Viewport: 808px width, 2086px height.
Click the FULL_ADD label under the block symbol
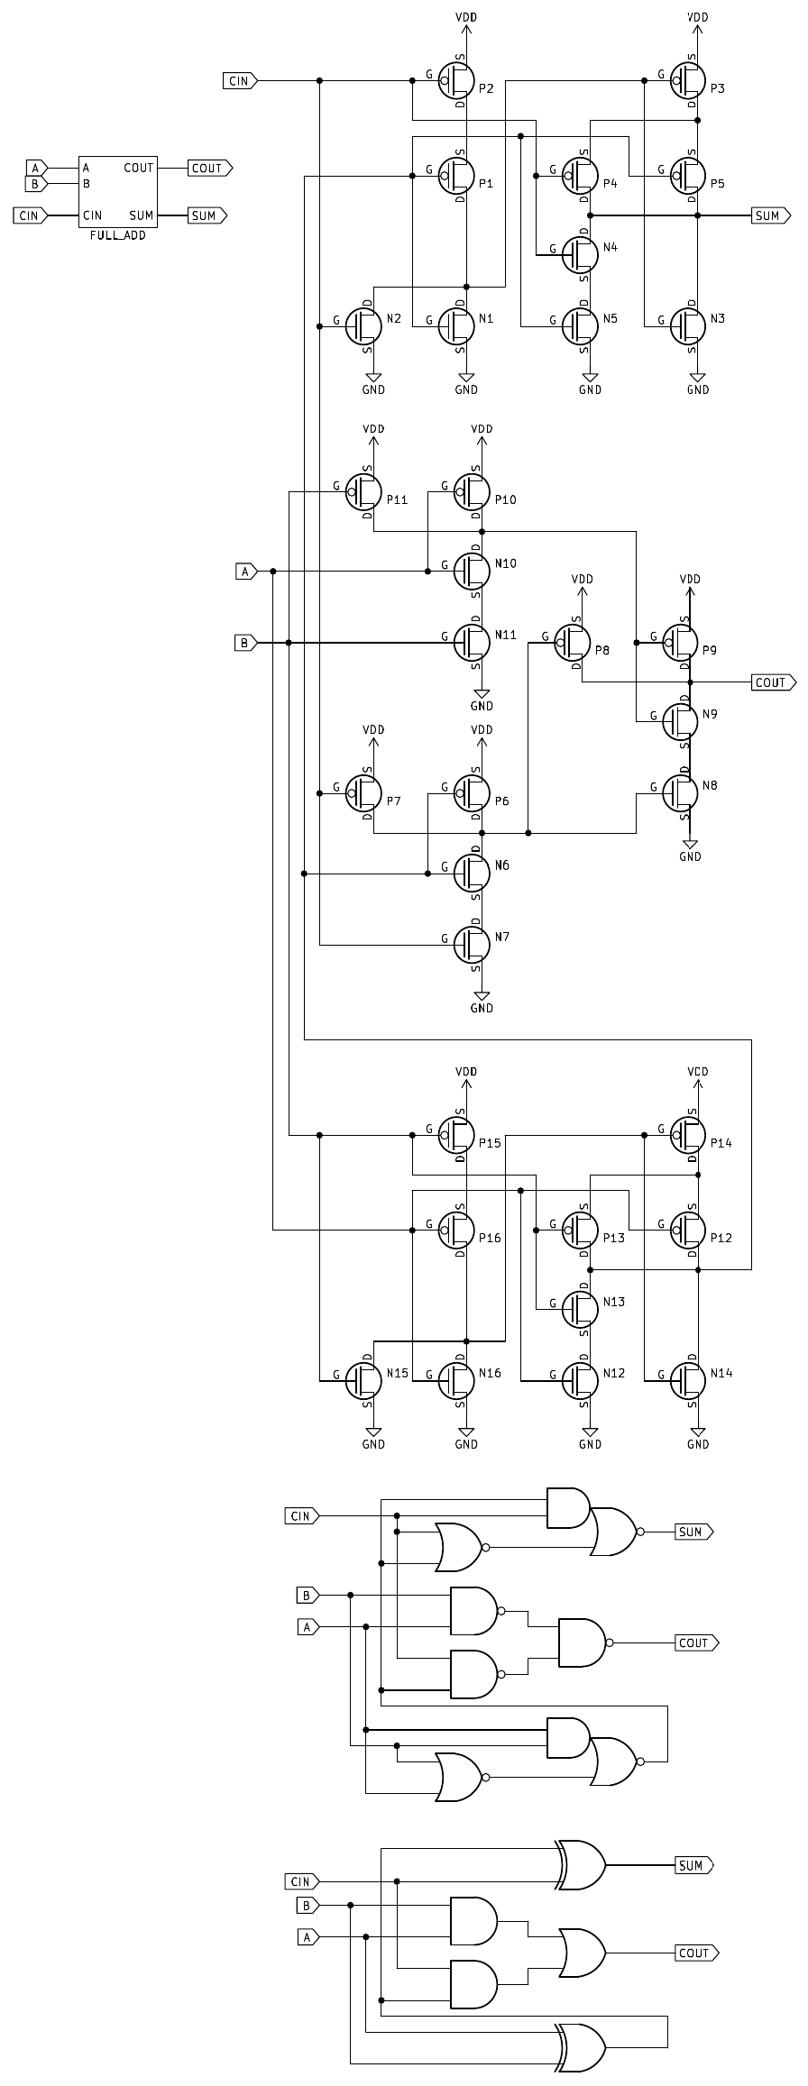117,235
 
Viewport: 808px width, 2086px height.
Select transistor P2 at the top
457,81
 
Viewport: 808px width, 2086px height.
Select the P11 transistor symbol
364,492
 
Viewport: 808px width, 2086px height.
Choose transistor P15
457,1135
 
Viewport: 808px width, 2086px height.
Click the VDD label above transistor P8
583,579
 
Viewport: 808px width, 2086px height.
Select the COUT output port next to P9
773,682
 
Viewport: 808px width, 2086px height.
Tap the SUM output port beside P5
770,215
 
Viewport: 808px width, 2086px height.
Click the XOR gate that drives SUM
583,1864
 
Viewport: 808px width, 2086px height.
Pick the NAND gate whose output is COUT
583,1642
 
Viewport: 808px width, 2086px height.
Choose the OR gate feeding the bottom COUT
583,1953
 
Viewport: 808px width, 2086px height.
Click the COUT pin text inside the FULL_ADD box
139,168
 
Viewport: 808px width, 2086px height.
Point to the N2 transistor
364,325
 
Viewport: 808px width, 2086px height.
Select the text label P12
721,1238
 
